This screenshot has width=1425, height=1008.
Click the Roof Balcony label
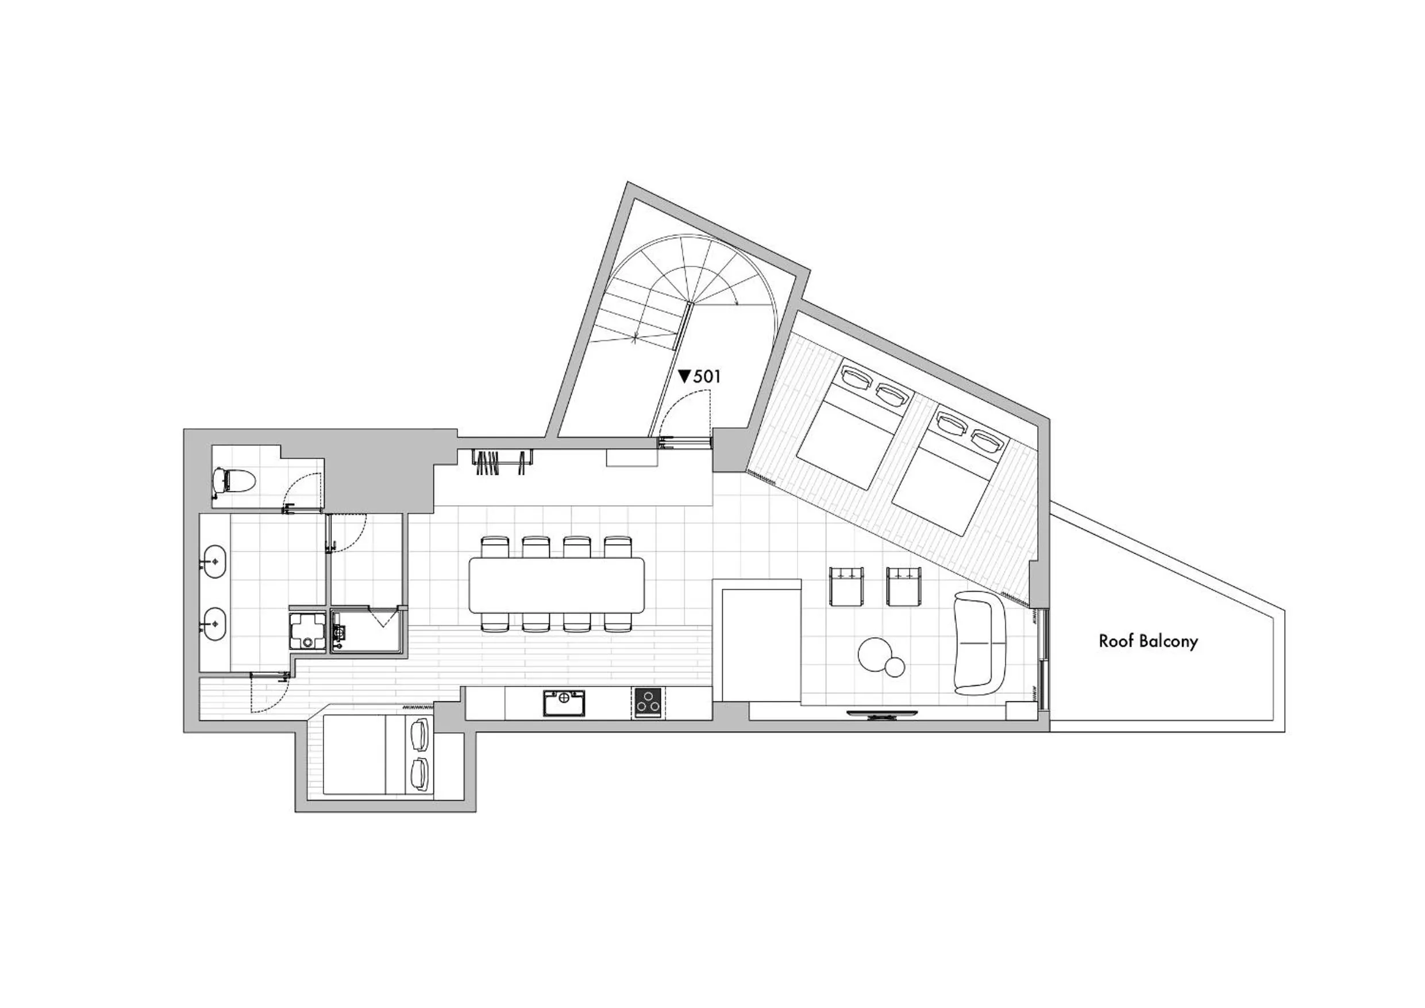coord(1147,641)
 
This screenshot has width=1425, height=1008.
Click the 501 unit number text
coord(707,376)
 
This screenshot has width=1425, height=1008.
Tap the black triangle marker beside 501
coord(684,376)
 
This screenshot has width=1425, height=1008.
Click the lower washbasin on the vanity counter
coord(214,623)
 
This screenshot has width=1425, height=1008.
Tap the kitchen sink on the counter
coord(564,703)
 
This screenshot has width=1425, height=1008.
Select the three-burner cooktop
coord(648,703)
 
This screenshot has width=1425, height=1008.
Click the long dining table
coord(557,583)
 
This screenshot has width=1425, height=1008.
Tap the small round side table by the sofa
coord(895,668)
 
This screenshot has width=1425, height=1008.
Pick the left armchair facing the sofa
coord(847,586)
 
